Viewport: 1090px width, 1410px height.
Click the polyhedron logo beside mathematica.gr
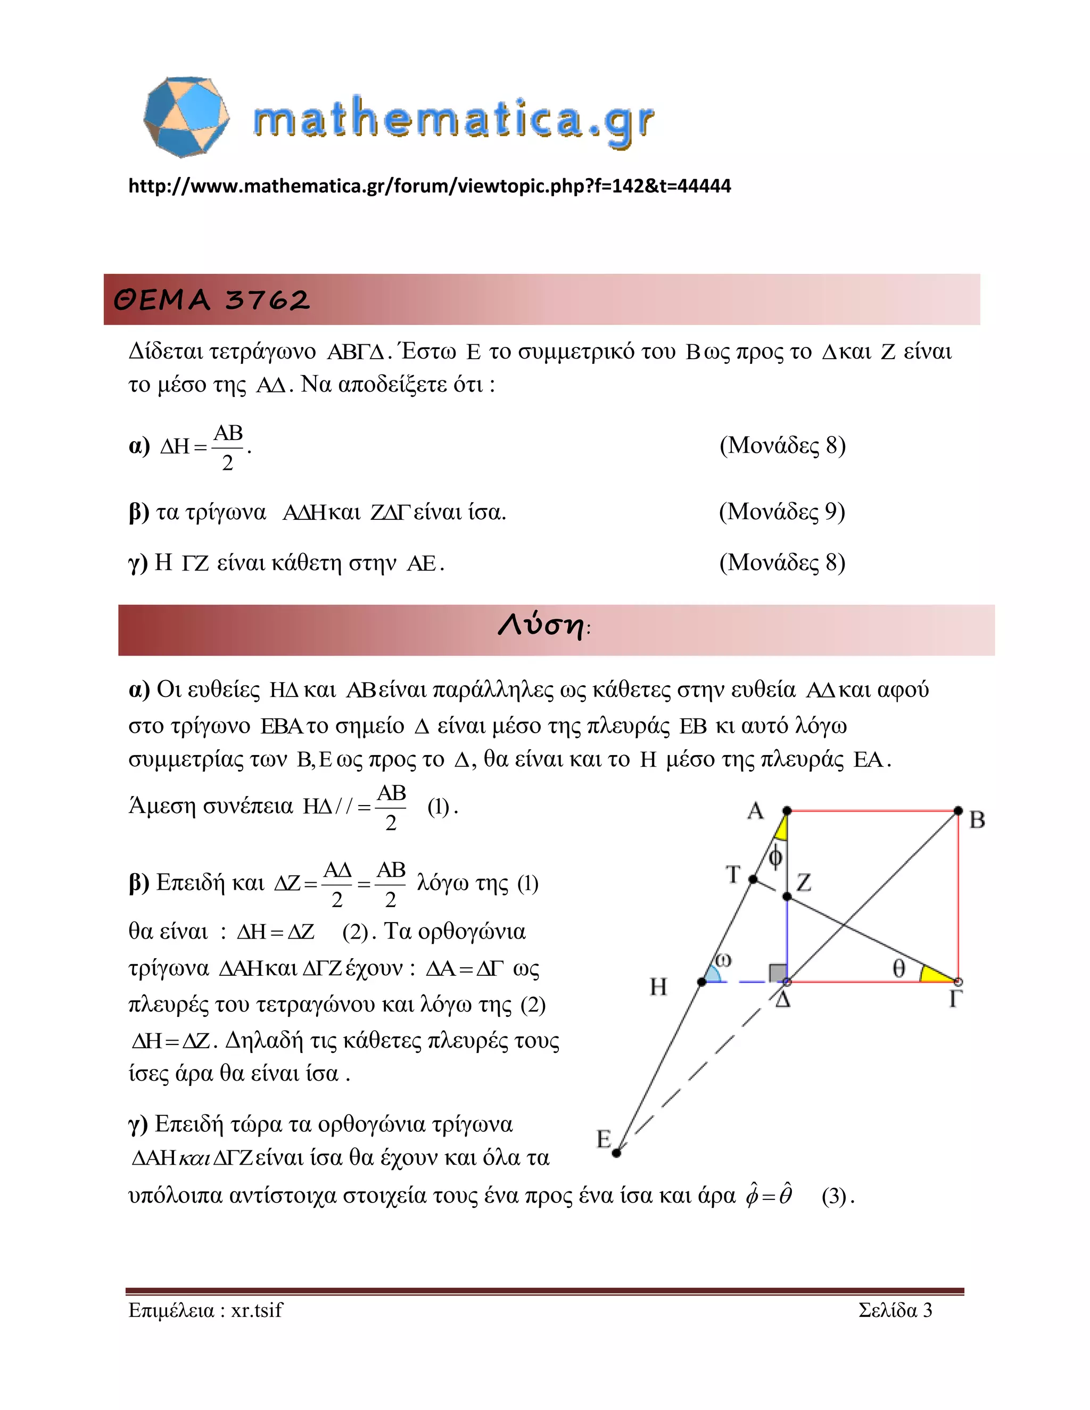coord(186,117)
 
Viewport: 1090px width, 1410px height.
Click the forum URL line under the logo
coord(430,186)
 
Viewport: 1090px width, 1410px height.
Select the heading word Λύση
coord(541,626)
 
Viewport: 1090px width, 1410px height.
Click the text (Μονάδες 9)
coord(782,511)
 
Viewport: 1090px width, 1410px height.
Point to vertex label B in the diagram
coord(977,820)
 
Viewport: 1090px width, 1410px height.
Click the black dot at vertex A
coord(787,810)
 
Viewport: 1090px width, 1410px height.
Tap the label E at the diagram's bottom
coord(603,1140)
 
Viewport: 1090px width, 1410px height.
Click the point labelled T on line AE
coord(753,880)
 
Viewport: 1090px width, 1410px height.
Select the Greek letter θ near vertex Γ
coord(898,968)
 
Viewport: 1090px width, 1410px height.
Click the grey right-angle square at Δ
coord(777,973)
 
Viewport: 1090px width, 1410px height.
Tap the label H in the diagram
coord(658,986)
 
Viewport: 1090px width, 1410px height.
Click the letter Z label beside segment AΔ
coord(804,883)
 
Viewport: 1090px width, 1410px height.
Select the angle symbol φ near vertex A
coord(776,857)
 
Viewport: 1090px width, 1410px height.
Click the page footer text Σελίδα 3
coord(895,1310)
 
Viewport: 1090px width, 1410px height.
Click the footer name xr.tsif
coord(257,1310)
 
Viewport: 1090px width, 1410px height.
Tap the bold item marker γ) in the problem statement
coord(138,563)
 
